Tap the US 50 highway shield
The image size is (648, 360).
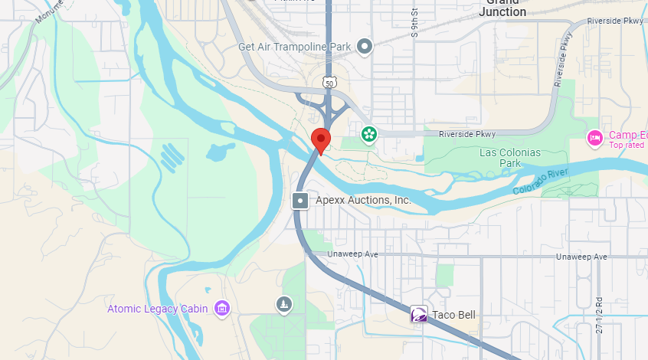click(x=329, y=81)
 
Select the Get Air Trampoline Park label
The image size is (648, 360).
click(x=294, y=47)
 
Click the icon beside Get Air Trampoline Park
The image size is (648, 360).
click(x=365, y=47)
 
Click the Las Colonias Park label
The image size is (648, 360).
click(x=509, y=158)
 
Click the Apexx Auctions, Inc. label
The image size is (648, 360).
click(x=363, y=200)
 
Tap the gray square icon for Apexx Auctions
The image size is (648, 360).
click(x=300, y=201)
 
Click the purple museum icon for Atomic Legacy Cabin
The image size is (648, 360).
click(x=222, y=309)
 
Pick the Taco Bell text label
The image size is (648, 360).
click(x=453, y=315)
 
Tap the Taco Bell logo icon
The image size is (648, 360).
click(x=419, y=314)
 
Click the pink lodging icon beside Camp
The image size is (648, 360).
click(x=594, y=138)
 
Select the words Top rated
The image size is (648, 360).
click(x=626, y=145)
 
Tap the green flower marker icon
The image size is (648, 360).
click(x=369, y=135)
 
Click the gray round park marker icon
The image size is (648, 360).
click(x=284, y=304)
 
